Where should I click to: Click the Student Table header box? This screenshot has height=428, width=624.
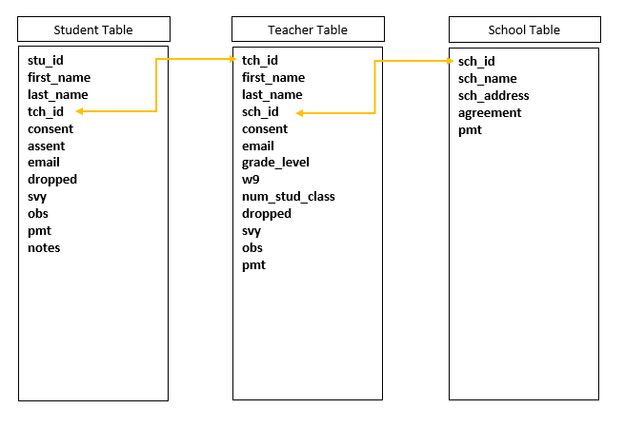point(94,29)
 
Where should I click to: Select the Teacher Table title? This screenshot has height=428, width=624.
point(308,29)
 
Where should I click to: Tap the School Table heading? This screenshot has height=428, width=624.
point(524,29)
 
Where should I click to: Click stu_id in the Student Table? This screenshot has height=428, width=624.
point(46,61)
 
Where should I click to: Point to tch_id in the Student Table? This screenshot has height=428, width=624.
point(46,111)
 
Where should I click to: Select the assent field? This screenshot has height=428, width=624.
point(46,146)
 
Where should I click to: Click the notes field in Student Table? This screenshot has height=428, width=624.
point(44,248)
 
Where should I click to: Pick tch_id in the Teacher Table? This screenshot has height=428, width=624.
point(260,61)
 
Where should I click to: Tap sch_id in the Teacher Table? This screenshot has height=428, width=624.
point(260,111)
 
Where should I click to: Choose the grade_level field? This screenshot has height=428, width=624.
point(275,163)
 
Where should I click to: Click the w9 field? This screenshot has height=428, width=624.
point(251,180)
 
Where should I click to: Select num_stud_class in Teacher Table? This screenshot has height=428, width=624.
point(289,197)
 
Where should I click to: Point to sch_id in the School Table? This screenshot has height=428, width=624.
point(476,62)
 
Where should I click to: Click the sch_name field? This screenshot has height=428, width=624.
point(488,79)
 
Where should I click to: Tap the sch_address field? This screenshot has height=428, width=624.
point(493,96)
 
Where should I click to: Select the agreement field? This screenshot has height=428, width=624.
point(490,113)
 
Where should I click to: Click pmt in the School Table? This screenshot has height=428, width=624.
point(470,130)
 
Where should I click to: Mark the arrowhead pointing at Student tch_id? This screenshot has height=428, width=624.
point(79,111)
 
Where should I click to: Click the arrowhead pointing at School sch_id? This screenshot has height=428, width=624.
point(451,61)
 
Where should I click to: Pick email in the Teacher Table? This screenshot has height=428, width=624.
point(258,146)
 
